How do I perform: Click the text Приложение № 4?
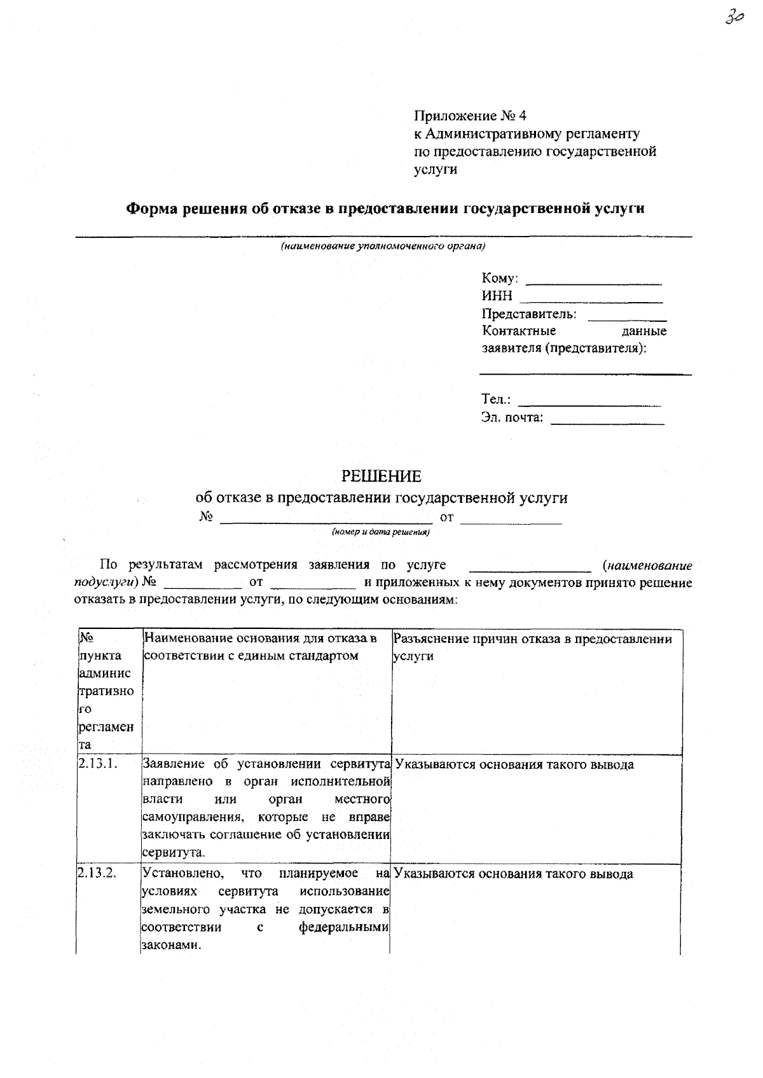tap(471, 116)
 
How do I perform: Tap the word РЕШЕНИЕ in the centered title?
tap(381, 476)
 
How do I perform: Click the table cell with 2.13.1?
tap(98, 764)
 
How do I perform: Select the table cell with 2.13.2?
tap(97, 873)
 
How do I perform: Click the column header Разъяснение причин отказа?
tap(533, 639)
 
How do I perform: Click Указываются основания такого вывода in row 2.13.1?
tap(514, 764)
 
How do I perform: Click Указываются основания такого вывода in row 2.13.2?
tap(514, 874)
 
